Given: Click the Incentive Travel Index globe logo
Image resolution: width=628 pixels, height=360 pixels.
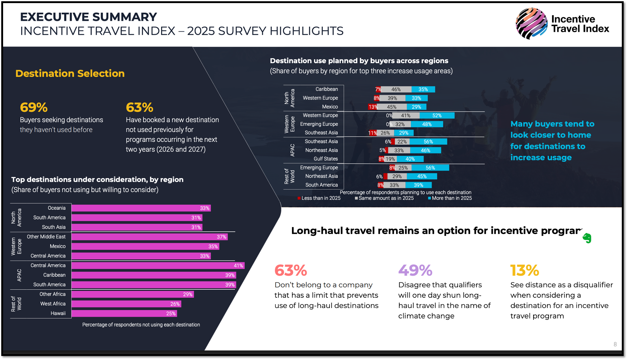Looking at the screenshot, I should [x=531, y=24].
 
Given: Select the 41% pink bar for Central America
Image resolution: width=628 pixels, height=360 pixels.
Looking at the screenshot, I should [x=158, y=266].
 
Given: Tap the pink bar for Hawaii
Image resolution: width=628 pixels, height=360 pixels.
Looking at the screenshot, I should [x=124, y=314].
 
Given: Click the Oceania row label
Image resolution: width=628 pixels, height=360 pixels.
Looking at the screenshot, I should [x=57, y=208].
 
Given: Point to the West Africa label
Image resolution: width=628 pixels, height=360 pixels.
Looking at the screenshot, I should [x=53, y=304].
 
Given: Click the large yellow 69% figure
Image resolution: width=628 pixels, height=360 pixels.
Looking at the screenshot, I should [x=34, y=108].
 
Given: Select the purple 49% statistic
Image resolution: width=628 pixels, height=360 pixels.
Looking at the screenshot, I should [x=415, y=270].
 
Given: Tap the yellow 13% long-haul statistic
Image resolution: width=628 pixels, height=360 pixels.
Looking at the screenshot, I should [x=524, y=270].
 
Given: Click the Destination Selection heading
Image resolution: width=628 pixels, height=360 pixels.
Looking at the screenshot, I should [x=70, y=73].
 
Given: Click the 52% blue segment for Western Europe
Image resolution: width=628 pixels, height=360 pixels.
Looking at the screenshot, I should [x=437, y=116].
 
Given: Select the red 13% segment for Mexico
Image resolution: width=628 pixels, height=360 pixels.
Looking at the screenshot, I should [x=372, y=107].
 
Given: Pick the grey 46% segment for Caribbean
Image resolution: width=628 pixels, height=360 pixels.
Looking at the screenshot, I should [x=396, y=90].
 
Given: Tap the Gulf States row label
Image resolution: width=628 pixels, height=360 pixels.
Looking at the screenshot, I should [x=325, y=159].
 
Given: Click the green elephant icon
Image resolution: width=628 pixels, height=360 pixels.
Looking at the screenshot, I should [x=587, y=238].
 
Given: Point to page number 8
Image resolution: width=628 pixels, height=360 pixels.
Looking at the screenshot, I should [x=615, y=344].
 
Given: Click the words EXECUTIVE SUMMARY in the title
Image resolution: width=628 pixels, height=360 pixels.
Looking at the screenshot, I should [x=88, y=17].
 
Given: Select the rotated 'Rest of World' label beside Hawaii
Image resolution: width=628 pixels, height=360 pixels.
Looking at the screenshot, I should [x=16, y=304].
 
